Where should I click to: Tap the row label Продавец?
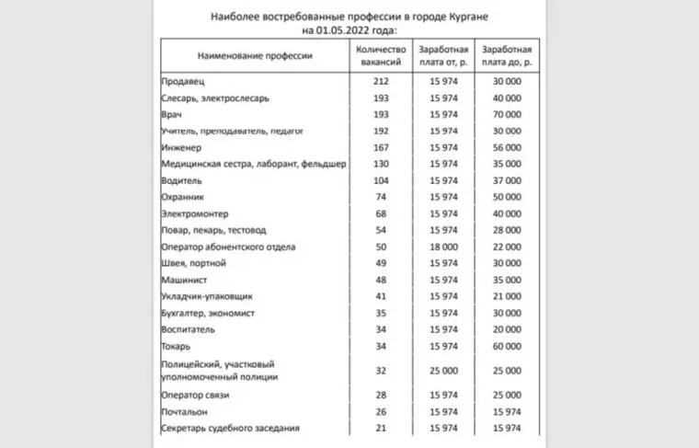184,82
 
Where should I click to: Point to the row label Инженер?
181,148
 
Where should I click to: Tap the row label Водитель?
181,181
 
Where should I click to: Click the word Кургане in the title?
479,17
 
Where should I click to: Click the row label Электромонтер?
193,214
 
